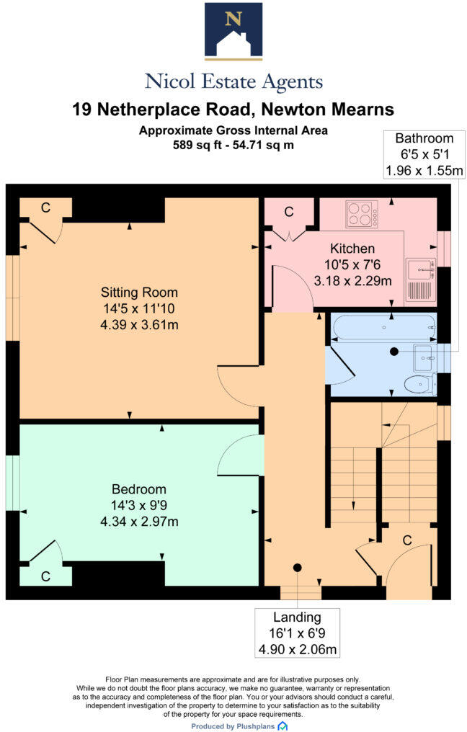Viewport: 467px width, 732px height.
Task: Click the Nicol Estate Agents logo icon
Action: pyautogui.click(x=233, y=30)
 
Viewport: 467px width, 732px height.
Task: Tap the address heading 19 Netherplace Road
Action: pyautogui.click(x=233, y=110)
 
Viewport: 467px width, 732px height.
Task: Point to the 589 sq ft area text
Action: pyautogui.click(x=233, y=145)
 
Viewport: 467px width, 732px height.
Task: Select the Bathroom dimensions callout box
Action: pyautogui.click(x=424, y=154)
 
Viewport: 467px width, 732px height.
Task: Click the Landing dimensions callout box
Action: pyautogui.click(x=297, y=633)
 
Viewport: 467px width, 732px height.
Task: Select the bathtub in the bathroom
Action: pyautogui.click(x=383, y=328)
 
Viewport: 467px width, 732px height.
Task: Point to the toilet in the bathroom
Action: pyautogui.click(x=419, y=385)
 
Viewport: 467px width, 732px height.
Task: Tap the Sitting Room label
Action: pyautogui.click(x=139, y=293)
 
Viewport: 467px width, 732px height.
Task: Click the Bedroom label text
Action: pyautogui.click(x=139, y=488)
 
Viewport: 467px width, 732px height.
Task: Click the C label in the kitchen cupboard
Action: pyautogui.click(x=289, y=212)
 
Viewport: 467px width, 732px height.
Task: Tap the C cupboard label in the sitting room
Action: pyautogui.click(x=45, y=207)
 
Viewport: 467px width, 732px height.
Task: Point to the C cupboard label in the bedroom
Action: pyautogui.click(x=45, y=576)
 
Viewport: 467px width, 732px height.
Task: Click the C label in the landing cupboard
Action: pyautogui.click(x=407, y=540)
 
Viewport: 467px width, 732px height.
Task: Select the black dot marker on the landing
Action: pyautogui.click(x=297, y=567)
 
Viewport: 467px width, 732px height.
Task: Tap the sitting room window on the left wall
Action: pyautogui.click(x=12, y=297)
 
